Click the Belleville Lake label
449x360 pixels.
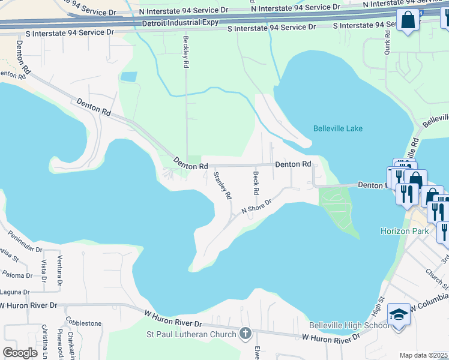click(x=337, y=128)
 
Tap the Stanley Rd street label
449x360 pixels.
click(x=222, y=185)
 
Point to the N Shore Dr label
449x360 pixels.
click(x=257, y=206)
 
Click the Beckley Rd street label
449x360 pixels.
click(x=186, y=51)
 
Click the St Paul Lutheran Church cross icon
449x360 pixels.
click(x=245, y=333)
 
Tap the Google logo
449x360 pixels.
click(x=20, y=353)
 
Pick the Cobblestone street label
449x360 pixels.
click(x=83, y=323)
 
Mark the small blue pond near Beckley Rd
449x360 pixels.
click(x=128, y=77)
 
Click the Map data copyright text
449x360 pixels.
click(x=423, y=355)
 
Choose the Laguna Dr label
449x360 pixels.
click(x=15, y=292)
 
